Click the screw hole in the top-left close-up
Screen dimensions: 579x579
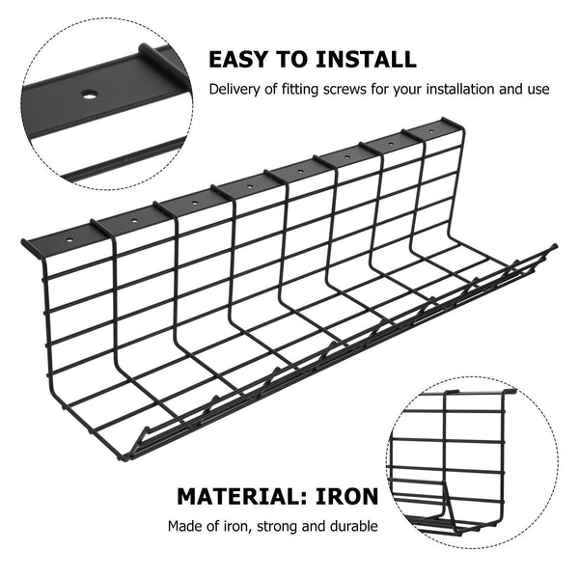click(x=88, y=96)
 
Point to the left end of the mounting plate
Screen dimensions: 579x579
click(x=25, y=245)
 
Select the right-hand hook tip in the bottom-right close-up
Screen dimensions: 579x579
click(x=510, y=392)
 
